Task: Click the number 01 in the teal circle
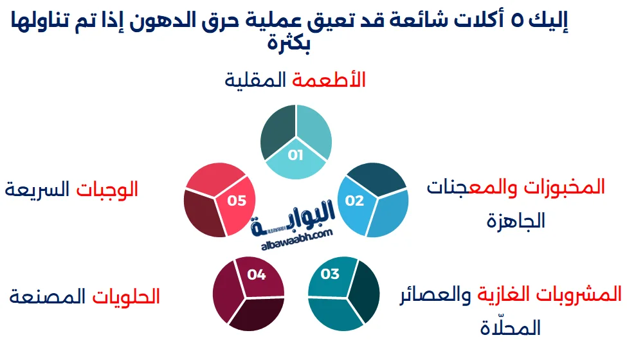click(x=295, y=155)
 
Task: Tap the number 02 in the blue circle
click(x=354, y=201)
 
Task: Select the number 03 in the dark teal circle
click(x=329, y=274)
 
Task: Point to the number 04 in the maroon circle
click(x=256, y=274)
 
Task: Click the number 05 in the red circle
click(x=237, y=201)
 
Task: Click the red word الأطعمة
click(x=329, y=80)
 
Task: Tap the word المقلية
click(x=256, y=80)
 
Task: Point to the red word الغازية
click(x=500, y=295)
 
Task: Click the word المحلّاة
click(x=510, y=329)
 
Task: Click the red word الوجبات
click(x=107, y=190)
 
